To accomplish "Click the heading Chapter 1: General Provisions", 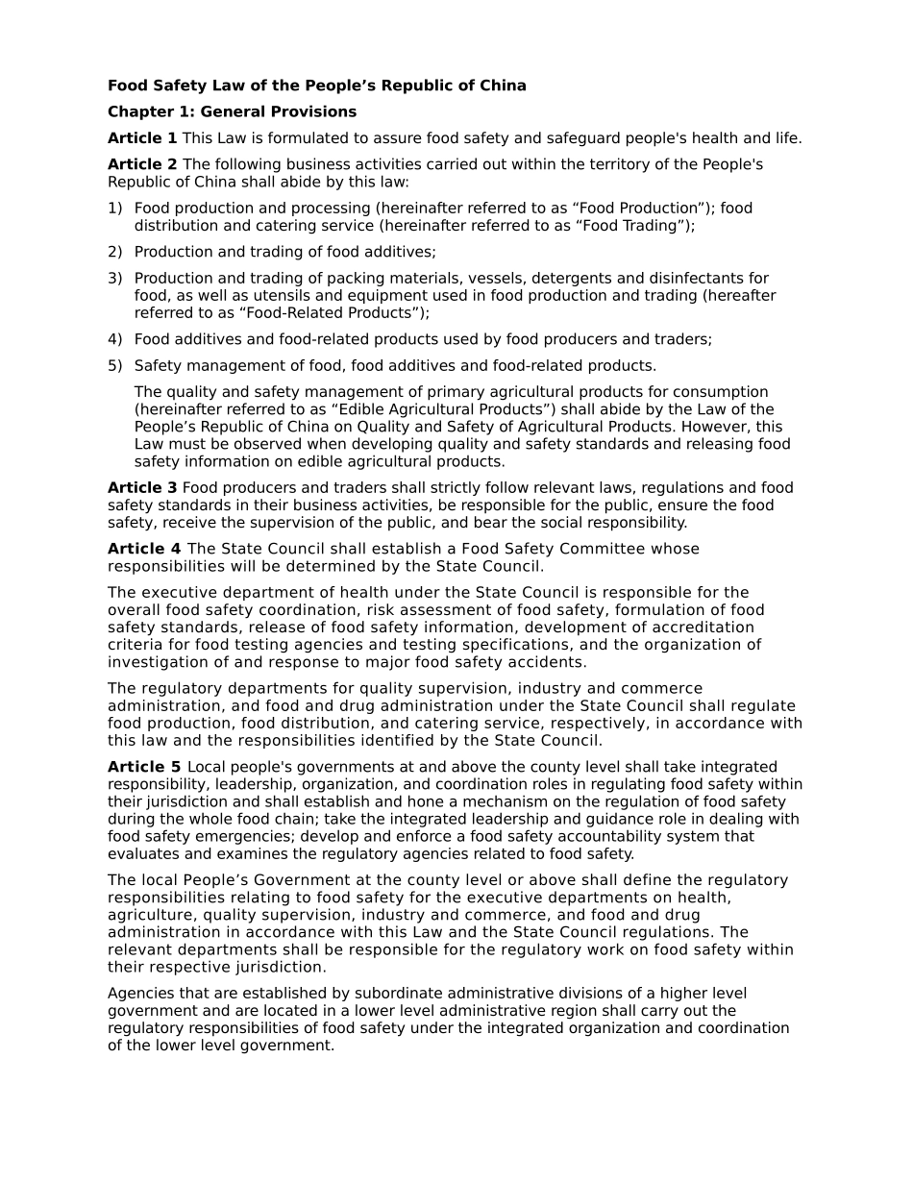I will tap(232, 112).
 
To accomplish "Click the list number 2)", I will tap(115, 252).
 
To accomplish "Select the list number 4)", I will tap(115, 339).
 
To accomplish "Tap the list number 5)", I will tap(115, 365).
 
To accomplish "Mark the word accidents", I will tap(550, 662).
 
